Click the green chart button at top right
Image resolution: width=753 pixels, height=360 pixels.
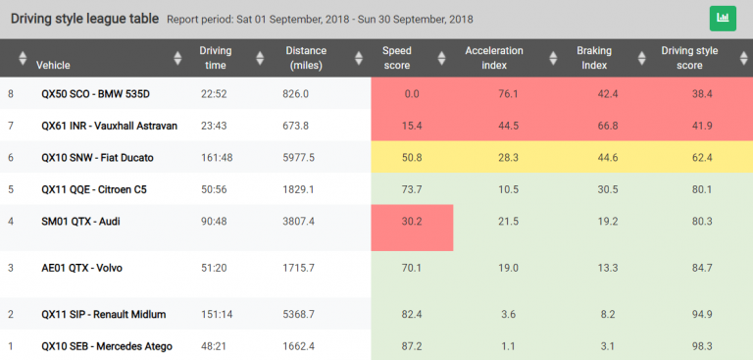click(723, 18)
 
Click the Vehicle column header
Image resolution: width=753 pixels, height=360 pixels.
click(53, 65)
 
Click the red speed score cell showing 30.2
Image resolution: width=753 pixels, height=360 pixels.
click(412, 221)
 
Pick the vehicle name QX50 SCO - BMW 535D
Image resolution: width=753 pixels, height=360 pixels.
click(96, 94)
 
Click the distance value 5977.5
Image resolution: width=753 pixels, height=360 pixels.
click(298, 157)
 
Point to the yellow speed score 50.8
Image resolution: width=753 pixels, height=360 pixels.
click(412, 157)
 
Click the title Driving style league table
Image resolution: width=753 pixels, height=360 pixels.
click(83, 18)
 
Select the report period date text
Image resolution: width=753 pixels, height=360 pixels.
click(355, 19)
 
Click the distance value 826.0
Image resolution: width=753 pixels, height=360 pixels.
click(295, 94)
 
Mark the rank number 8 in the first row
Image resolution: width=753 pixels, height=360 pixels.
click(11, 94)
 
